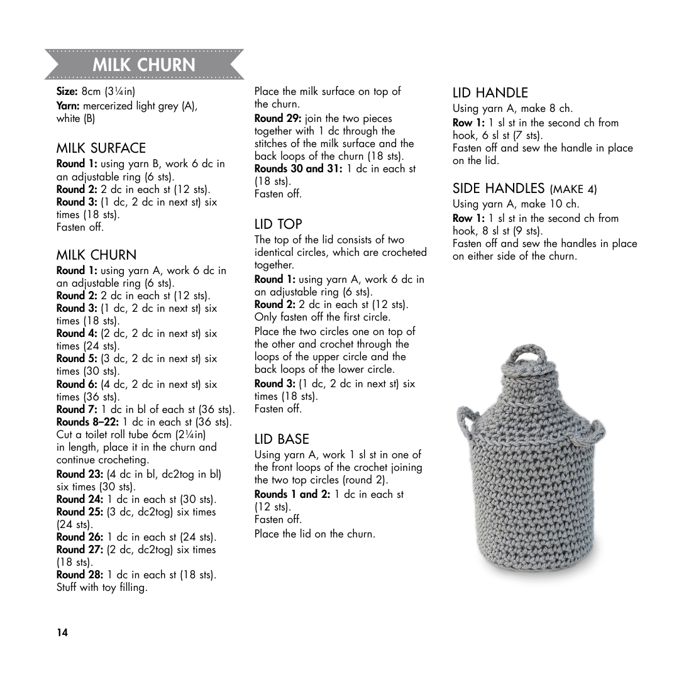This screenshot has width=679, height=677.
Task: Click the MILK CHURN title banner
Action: click(x=144, y=65)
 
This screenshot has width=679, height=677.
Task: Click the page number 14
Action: click(x=62, y=632)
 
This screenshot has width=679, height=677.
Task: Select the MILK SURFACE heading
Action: click(x=101, y=148)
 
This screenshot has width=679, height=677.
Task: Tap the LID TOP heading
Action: click(x=278, y=224)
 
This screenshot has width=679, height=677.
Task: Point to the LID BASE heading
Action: click(x=281, y=439)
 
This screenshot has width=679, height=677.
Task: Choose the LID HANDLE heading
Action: click(x=490, y=93)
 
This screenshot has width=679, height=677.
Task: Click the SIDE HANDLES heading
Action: click(x=524, y=188)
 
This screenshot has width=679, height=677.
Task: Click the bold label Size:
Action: click(x=67, y=92)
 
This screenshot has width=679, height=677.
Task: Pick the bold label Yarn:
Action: click(x=68, y=106)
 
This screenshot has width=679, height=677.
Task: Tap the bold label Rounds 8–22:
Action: click(x=88, y=422)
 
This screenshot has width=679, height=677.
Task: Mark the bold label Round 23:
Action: click(x=80, y=474)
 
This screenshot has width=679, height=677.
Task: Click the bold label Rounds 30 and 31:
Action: click(x=299, y=168)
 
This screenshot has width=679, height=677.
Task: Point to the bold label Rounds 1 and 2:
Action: click(x=292, y=494)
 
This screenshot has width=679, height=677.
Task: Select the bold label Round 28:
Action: click(x=80, y=575)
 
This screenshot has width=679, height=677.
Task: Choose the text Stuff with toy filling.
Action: click(x=102, y=588)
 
